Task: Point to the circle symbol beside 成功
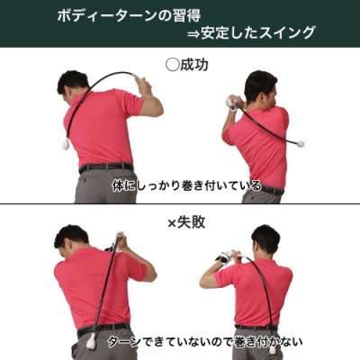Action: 173,65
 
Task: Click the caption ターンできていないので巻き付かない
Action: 204,342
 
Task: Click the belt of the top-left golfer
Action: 104,167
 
